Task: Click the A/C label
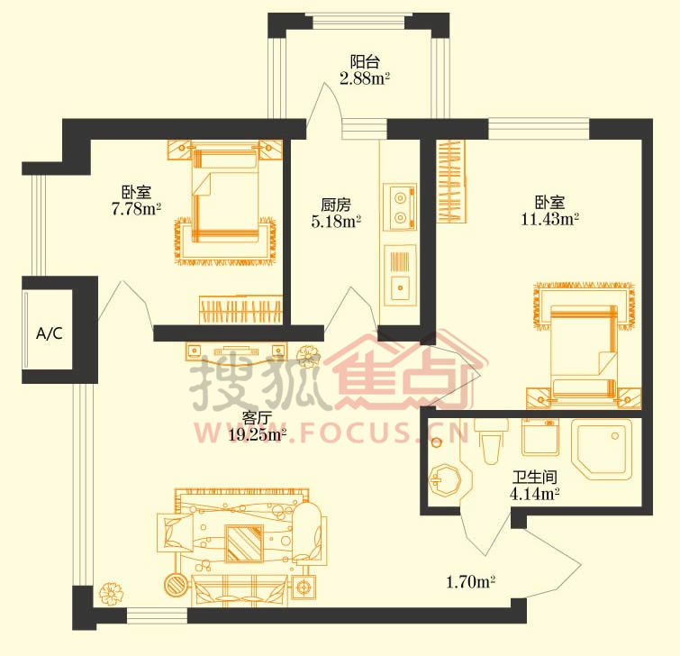[49, 333]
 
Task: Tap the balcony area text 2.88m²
[365, 78]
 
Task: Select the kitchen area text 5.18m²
[336, 222]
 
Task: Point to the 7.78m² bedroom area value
[136, 209]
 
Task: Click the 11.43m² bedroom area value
[550, 219]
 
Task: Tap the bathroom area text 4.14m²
[535, 494]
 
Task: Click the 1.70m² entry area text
[470, 582]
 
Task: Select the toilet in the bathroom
[491, 441]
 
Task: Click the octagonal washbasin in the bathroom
[445, 478]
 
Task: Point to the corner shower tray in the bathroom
[602, 449]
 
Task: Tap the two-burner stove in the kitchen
[400, 206]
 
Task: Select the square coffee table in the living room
[244, 542]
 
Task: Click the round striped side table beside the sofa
[177, 585]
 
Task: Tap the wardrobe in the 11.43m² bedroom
[450, 181]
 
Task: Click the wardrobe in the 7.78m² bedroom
[241, 309]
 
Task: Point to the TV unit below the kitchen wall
[236, 351]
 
